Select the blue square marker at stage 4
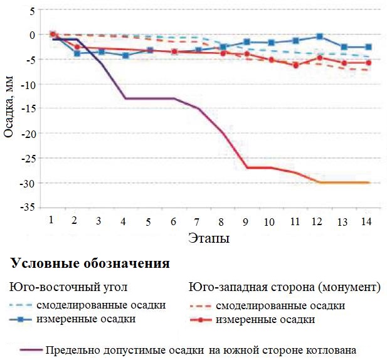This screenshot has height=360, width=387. pos(126,56)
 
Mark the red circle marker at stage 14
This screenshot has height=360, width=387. pos(368,63)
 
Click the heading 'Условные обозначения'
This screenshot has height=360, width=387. pos(89,263)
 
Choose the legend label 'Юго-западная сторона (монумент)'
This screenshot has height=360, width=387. pos(285,288)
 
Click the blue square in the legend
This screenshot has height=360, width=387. pos(21,320)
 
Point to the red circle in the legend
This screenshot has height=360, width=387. pos(201,320)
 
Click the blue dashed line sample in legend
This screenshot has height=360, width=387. pos(21,306)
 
